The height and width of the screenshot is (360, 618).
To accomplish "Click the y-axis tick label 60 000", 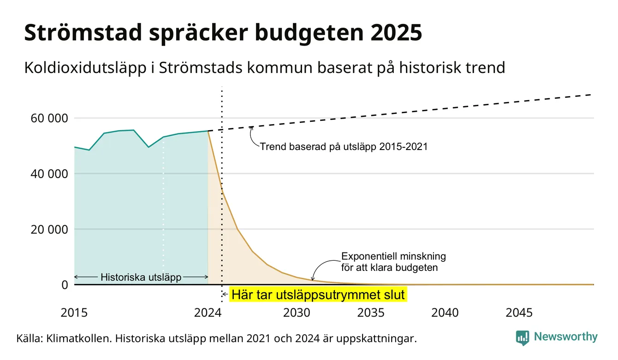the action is click(49, 118).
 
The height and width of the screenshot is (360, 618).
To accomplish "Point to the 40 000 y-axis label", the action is click(49, 174).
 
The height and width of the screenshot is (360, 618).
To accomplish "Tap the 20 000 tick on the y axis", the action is click(49, 229).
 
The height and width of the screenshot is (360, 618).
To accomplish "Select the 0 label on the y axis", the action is click(65, 285).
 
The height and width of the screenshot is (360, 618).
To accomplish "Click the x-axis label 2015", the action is click(74, 313).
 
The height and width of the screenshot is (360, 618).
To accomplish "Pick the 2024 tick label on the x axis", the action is click(208, 313).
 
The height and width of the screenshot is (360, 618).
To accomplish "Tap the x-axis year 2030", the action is click(297, 313).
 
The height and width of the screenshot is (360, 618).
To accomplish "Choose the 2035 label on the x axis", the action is click(371, 313).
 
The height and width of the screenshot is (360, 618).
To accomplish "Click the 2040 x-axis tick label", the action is click(445, 313).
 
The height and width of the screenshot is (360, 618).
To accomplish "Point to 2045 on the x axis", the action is click(519, 313).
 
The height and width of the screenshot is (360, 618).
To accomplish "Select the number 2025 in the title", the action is click(396, 33).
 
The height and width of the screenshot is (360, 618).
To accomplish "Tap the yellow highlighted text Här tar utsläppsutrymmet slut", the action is click(318, 294).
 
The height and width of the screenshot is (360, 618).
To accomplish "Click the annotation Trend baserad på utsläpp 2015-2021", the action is click(344, 147).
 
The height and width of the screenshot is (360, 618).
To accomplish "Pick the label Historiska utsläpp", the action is click(141, 277).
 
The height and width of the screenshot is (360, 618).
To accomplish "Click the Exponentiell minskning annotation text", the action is click(393, 262).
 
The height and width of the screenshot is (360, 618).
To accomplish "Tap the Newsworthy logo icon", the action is click(523, 338).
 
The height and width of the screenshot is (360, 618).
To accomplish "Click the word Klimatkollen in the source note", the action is click(78, 338).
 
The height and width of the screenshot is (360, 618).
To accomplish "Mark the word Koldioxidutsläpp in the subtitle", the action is click(85, 68).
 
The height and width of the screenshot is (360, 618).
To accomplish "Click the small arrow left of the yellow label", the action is click(225, 294).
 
